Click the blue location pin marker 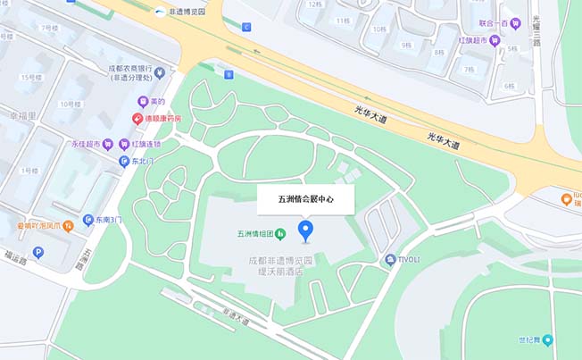point(306,231)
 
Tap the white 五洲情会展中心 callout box point(306,200)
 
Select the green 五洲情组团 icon point(279,234)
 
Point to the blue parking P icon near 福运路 point(38,253)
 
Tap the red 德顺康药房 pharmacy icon point(138,118)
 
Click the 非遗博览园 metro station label point(186,12)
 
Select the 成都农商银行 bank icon point(159,72)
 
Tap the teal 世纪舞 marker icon point(547,339)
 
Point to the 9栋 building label point(406,44)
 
